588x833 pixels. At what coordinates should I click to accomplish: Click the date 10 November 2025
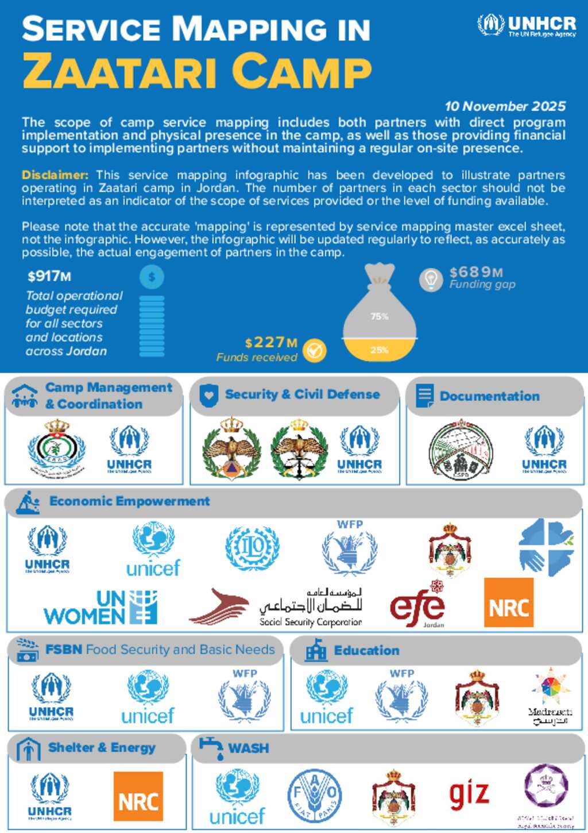click(505, 106)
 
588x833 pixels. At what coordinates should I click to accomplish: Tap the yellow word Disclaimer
click(55, 175)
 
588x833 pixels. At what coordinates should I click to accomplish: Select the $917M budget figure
click(49, 277)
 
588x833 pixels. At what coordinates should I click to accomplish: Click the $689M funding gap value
click(476, 272)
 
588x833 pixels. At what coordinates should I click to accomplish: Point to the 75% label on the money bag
click(380, 316)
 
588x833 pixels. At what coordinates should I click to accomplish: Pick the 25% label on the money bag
click(380, 350)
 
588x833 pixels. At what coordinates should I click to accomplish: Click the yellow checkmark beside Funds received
click(315, 350)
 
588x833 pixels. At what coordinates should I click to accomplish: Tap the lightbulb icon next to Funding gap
click(431, 279)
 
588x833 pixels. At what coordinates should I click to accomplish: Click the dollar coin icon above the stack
click(152, 277)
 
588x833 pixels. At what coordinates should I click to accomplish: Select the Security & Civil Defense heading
click(302, 394)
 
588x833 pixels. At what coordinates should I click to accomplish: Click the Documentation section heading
click(489, 396)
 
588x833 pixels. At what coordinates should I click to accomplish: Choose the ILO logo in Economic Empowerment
click(252, 548)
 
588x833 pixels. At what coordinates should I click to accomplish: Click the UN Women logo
click(100, 608)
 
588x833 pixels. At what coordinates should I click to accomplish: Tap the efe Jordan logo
click(417, 606)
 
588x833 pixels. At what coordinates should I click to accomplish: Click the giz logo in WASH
click(469, 794)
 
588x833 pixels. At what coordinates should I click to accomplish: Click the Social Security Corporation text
click(311, 621)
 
